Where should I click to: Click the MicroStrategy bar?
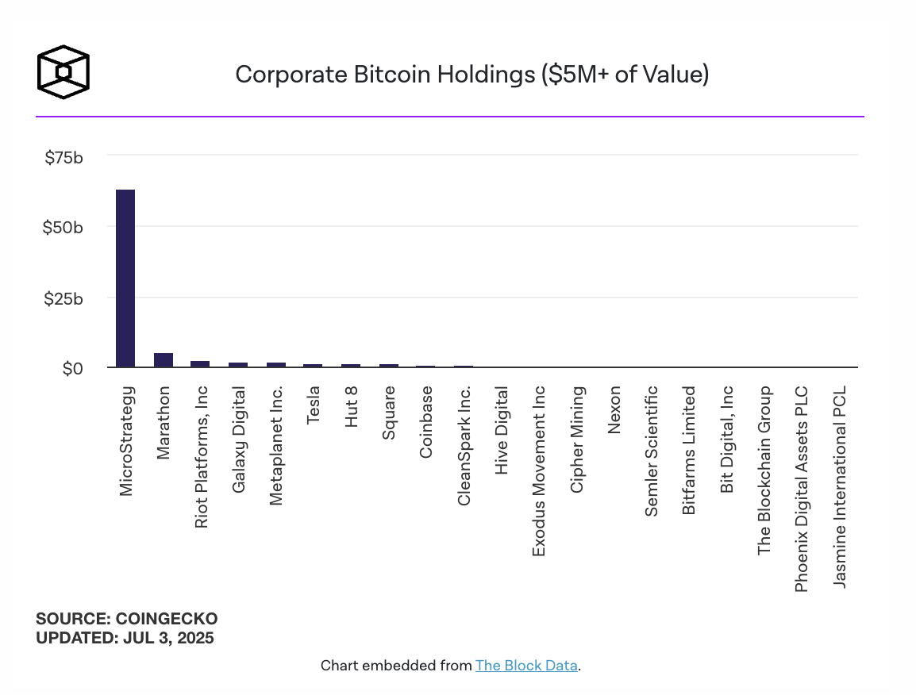[x=125, y=278]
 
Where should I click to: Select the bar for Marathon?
[x=164, y=360]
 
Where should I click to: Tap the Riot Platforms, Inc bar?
[x=200, y=364]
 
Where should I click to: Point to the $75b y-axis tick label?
[x=64, y=157]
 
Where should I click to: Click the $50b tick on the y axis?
[x=64, y=228]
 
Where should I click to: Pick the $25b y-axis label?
[x=64, y=298]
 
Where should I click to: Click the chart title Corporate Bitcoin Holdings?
[x=472, y=75]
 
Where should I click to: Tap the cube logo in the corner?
[x=64, y=72]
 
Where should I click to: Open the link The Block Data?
[x=526, y=666]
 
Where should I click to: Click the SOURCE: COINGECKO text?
[x=126, y=619]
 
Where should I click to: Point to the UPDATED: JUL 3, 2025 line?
[x=125, y=637]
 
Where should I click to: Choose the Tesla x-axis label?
[x=314, y=404]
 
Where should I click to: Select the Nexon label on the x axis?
[x=614, y=409]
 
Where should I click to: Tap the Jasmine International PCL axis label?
[x=840, y=487]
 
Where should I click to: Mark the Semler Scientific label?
[x=652, y=451]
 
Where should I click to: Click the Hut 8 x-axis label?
[x=351, y=406]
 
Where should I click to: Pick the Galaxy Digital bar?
[x=238, y=365]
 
